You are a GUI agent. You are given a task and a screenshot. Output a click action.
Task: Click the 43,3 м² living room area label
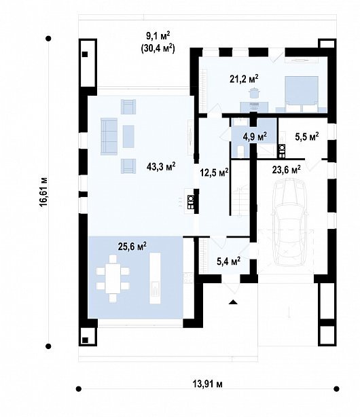point(161,167)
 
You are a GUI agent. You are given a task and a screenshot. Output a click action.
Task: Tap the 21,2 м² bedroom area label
point(244,79)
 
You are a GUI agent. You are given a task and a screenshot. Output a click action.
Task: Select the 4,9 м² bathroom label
point(255,137)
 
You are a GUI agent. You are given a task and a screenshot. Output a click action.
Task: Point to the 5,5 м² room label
point(307,137)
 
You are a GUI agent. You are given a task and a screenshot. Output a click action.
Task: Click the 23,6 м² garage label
point(287,169)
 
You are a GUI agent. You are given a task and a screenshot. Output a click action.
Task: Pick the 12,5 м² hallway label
point(214,173)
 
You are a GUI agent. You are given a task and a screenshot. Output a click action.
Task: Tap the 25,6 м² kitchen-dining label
point(132,247)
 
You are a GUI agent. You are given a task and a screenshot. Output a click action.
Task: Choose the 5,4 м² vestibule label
point(229,262)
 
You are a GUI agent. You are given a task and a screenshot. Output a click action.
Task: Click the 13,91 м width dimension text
point(208,384)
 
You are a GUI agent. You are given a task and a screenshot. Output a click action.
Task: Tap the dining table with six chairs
point(113,278)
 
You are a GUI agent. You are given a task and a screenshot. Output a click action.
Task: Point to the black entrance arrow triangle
point(234,302)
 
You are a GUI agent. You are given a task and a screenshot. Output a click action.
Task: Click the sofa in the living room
point(109,137)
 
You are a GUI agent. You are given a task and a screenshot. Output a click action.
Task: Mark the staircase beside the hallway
point(240,198)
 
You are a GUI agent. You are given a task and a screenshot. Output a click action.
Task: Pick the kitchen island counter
point(155,278)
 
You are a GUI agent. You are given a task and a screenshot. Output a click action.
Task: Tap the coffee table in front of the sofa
point(128,137)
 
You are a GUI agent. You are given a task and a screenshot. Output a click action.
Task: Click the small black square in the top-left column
point(85,54)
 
